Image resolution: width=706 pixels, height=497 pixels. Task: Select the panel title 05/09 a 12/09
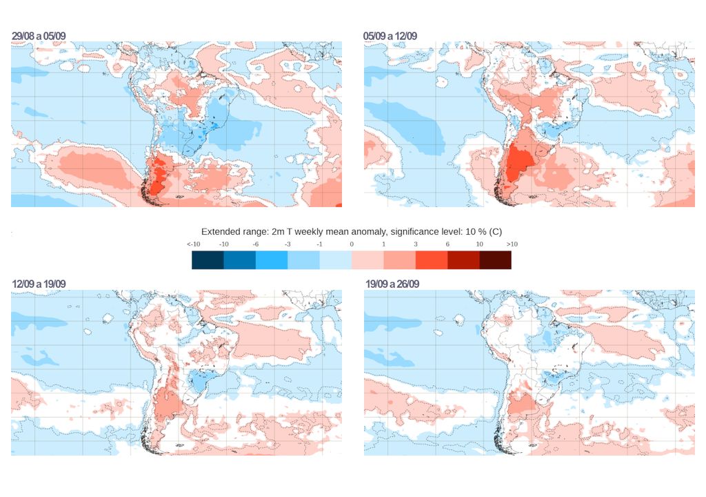pyautogui.click(x=390, y=36)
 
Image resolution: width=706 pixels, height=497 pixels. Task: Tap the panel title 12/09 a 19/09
pyautogui.click(x=39, y=284)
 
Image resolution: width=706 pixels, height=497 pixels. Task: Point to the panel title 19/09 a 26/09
pyautogui.click(x=392, y=284)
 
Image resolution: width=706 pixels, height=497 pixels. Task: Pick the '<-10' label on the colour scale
pyautogui.click(x=193, y=244)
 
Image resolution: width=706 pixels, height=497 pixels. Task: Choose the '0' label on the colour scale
pyautogui.click(x=352, y=244)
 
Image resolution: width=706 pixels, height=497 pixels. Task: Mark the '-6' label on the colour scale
pyautogui.click(x=256, y=244)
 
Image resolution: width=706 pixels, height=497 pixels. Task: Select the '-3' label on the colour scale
pyautogui.click(x=288, y=244)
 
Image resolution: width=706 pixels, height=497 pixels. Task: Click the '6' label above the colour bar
pyautogui.click(x=447, y=244)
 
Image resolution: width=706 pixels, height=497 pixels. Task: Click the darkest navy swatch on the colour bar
pyautogui.click(x=208, y=260)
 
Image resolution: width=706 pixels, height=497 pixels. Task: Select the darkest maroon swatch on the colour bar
pyautogui.click(x=495, y=260)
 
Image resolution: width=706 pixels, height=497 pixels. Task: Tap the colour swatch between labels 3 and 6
pyautogui.click(x=432, y=260)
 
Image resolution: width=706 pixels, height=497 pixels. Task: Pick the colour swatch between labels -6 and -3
pyautogui.click(x=272, y=260)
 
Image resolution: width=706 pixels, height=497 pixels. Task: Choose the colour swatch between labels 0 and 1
pyautogui.click(x=367, y=260)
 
